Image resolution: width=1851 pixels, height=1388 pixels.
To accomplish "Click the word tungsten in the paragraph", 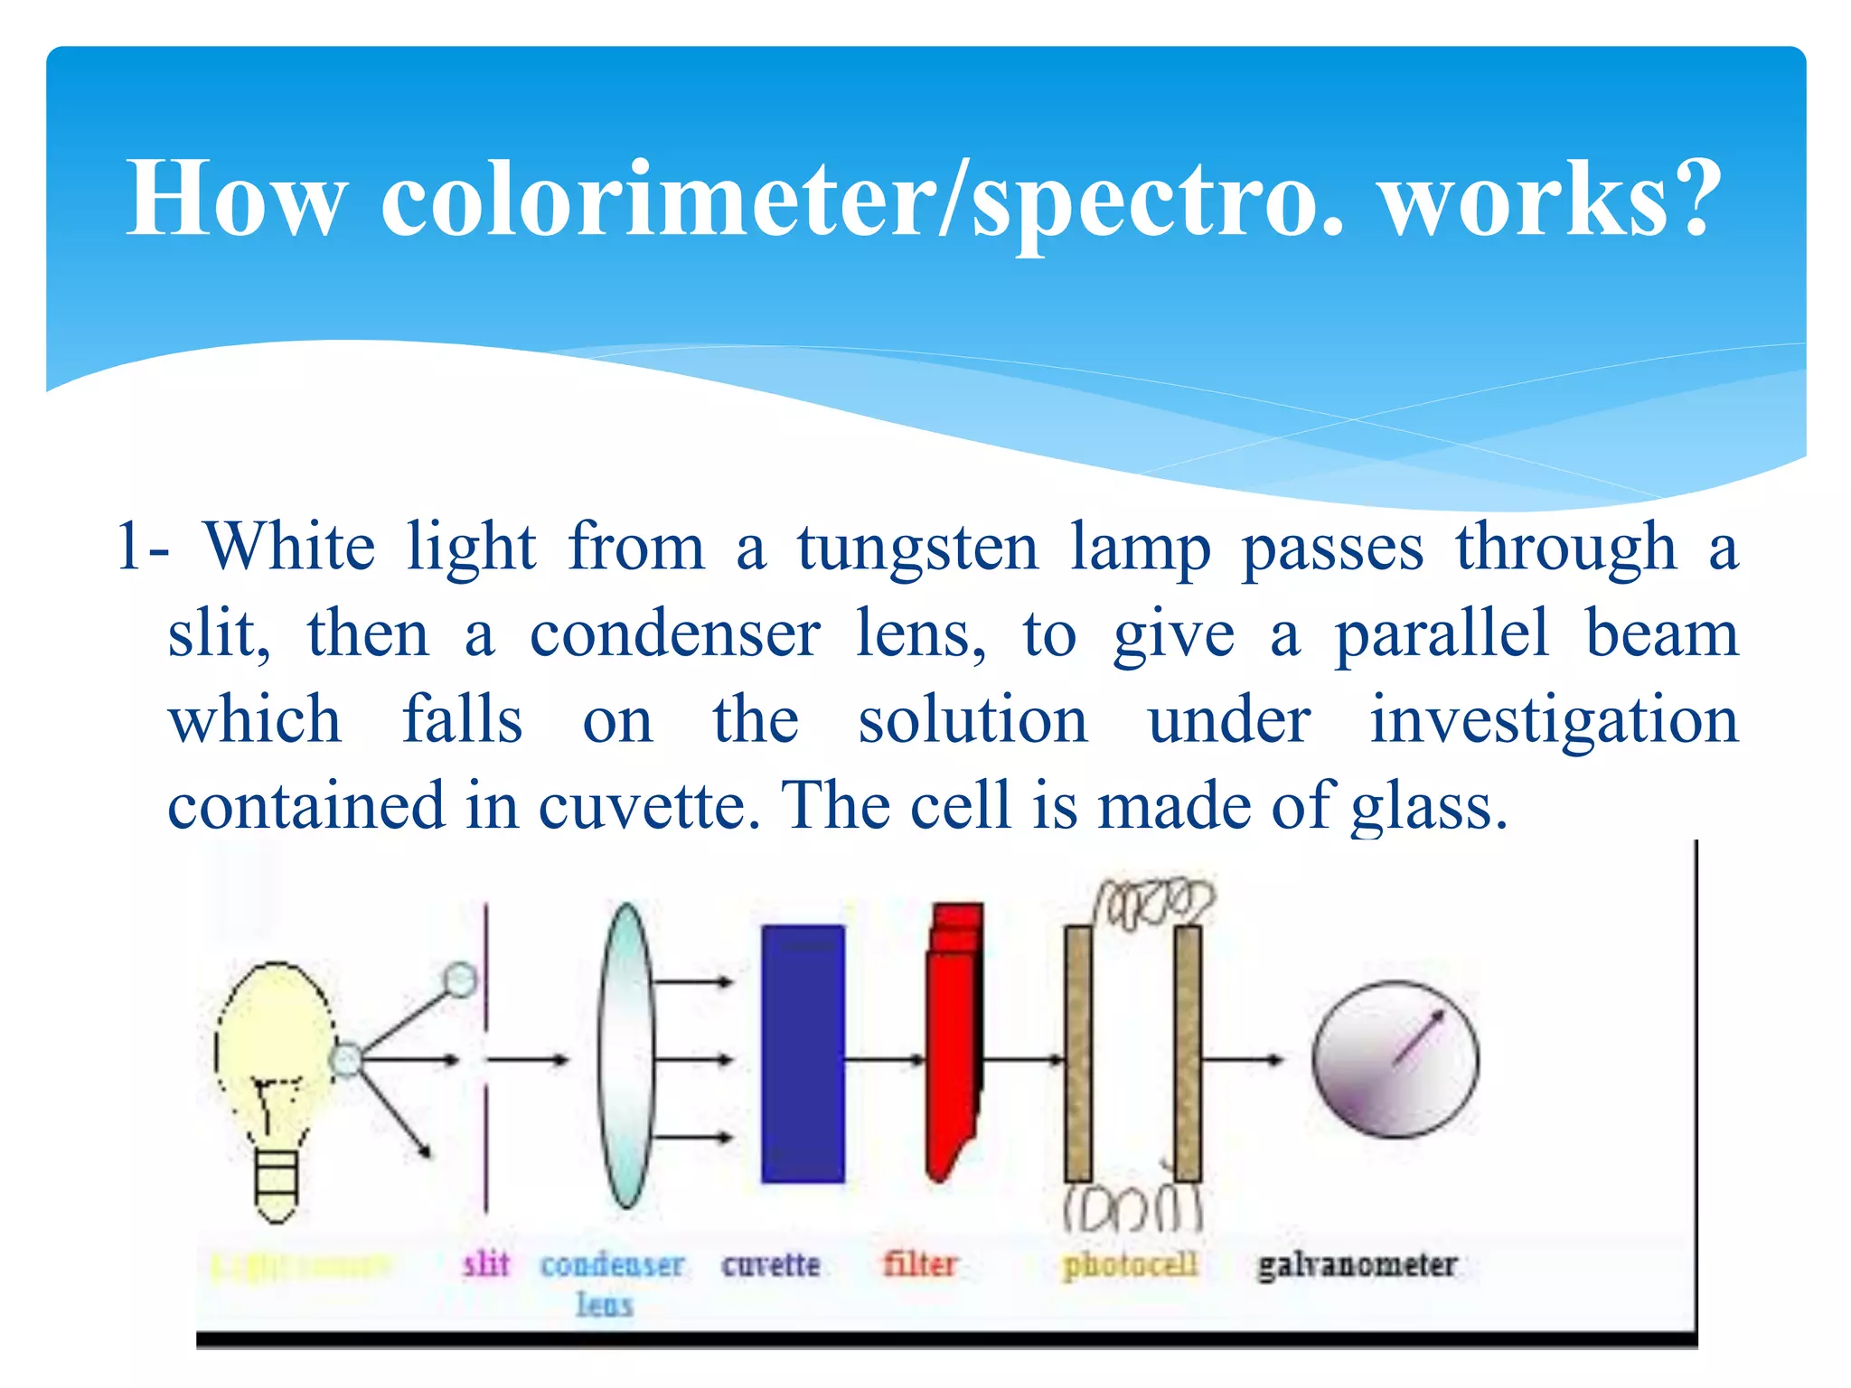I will (x=917, y=549).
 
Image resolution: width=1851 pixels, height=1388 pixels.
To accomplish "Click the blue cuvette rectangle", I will (x=803, y=1054).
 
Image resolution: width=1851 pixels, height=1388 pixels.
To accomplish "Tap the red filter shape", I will (x=954, y=1039).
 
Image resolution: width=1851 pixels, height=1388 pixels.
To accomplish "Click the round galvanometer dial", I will (x=1395, y=1059).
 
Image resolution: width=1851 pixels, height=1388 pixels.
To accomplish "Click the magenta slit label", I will (x=486, y=1263).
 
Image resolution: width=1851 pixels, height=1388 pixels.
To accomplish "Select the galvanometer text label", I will (x=1357, y=1264).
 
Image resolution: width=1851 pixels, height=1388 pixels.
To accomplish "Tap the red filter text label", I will (x=919, y=1263).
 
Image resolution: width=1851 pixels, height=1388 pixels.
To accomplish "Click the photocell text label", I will (x=1130, y=1264).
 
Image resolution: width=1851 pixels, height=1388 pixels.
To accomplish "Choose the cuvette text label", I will (x=770, y=1264).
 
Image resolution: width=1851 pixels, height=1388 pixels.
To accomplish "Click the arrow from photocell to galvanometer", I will (x=1243, y=1059).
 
